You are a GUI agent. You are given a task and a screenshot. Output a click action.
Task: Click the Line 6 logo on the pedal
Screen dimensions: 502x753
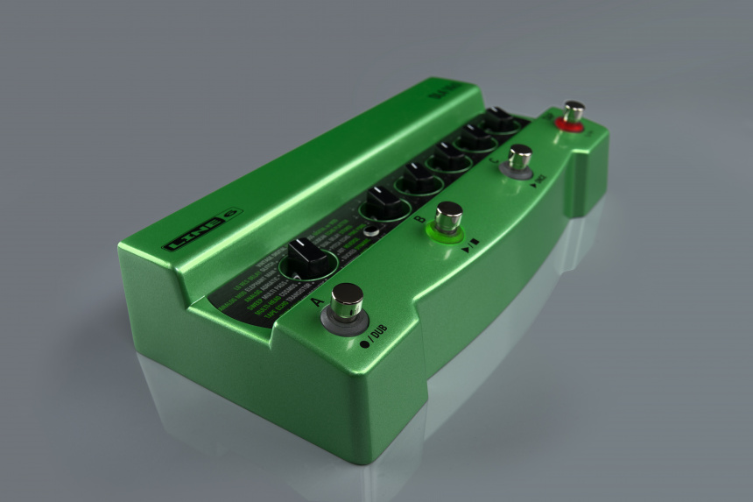(x=202, y=230)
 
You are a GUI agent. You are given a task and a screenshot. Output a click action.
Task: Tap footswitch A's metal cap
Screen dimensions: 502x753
(x=347, y=300)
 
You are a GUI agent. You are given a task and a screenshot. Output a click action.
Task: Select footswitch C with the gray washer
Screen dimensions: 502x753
(x=519, y=158)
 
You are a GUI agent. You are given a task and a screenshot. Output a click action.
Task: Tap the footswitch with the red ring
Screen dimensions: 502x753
(x=573, y=112)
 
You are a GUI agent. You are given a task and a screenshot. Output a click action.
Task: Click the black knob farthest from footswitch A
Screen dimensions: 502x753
(x=501, y=119)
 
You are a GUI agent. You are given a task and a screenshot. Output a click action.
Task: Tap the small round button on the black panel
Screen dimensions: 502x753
(x=372, y=231)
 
